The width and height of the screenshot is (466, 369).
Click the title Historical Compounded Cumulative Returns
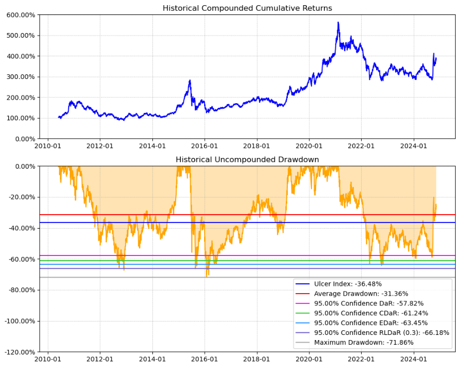click(x=247, y=8)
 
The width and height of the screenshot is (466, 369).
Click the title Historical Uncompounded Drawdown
click(x=247, y=159)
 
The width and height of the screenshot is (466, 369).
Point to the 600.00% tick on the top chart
click(x=21, y=15)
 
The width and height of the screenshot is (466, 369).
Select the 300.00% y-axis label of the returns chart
click(x=21, y=77)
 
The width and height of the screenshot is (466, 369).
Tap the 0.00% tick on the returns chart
click(x=23, y=139)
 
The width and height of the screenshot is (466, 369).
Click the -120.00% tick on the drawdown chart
click(x=19, y=352)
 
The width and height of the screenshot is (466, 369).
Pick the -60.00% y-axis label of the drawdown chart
click(x=21, y=259)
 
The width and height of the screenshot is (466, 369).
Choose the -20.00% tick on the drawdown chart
click(x=21, y=197)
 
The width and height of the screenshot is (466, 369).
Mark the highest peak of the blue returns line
click(x=338, y=22)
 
